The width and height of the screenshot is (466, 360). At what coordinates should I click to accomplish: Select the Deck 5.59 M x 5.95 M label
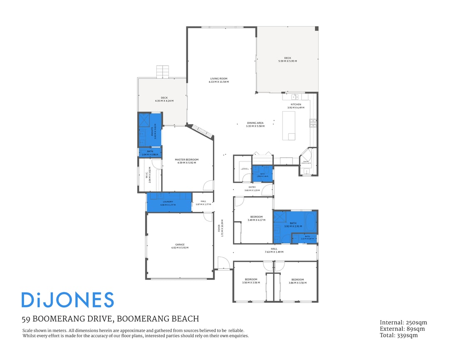(x=288, y=60)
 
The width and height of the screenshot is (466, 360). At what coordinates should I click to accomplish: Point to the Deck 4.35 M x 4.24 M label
(x=164, y=99)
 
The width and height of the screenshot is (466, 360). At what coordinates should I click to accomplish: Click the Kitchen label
(x=295, y=106)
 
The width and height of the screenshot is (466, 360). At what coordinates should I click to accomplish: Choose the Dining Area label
(x=255, y=124)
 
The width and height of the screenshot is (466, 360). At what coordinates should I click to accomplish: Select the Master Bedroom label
(x=186, y=161)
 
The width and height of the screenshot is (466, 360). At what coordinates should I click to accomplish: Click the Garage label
(x=180, y=246)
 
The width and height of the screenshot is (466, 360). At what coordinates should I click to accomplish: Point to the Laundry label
(x=168, y=203)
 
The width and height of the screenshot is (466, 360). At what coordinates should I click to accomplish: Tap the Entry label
(x=252, y=189)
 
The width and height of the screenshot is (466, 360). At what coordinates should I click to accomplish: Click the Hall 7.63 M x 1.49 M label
(x=274, y=250)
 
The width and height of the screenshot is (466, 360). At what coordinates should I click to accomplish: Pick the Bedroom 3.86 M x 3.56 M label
(x=297, y=281)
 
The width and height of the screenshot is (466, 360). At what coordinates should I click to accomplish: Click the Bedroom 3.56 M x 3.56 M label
(x=251, y=281)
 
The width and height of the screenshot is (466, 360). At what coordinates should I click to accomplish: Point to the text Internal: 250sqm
(x=403, y=323)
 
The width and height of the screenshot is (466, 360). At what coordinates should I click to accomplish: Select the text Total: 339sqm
(x=399, y=335)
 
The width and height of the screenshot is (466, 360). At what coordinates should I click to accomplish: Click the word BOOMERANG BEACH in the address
(x=158, y=319)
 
